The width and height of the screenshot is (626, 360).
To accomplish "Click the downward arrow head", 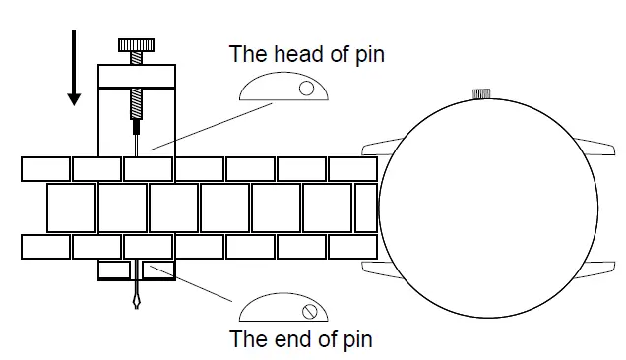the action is coord(74,99).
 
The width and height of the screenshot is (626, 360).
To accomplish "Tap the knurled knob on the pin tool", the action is coord(136,45).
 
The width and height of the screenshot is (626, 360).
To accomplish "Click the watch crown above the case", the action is coord(481,93).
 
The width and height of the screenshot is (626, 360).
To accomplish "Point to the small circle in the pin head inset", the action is coord(306,89).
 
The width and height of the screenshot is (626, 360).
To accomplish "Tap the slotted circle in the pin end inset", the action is coord(309,312).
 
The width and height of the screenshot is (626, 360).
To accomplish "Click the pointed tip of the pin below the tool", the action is coord(136,308).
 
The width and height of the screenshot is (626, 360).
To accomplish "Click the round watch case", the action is coord(488,209).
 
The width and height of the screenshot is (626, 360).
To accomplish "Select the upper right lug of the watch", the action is coord(595,147).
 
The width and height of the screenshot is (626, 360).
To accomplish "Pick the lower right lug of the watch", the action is coord(595,270).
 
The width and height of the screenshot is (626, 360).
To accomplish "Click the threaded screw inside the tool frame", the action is coord(136,103).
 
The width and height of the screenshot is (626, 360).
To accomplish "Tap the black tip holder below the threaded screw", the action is coord(136,127).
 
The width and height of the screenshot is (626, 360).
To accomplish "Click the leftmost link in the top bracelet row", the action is coord(45,169).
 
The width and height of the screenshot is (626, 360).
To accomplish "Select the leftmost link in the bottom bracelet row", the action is coord(45,247).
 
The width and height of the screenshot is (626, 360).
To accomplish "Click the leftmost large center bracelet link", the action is coord(72,208).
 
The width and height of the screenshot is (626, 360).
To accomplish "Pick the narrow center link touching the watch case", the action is coord(366,208).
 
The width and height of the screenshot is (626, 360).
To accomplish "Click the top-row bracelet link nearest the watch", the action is coord(352,169).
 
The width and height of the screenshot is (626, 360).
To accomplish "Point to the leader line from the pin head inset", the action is coord(212,127).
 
